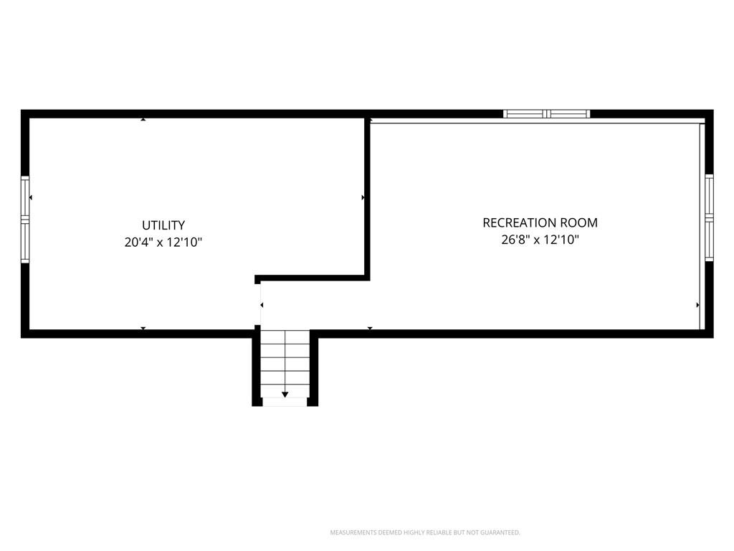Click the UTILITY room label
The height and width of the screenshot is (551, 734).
point(163,225)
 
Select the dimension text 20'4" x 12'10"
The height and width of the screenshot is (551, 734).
point(163,242)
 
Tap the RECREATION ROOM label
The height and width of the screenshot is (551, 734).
point(540,222)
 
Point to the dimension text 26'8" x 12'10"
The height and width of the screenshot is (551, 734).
point(540,240)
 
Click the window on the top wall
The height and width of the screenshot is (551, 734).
point(546,113)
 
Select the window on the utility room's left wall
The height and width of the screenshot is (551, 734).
point(25,220)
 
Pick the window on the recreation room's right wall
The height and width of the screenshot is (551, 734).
point(709,218)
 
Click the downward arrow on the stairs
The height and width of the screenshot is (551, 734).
point(285,395)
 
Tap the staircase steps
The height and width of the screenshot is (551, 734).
point(285,364)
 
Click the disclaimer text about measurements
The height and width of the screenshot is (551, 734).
point(425,532)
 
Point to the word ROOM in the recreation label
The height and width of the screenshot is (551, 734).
point(582,222)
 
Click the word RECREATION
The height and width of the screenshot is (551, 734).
point(523,222)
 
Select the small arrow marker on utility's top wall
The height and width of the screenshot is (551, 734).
point(143,120)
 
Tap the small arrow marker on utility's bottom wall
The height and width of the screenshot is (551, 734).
point(143,328)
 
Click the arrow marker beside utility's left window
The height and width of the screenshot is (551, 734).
point(30,198)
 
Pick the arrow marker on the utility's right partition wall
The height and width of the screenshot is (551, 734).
point(363,198)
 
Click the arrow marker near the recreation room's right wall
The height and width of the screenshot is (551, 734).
point(698,305)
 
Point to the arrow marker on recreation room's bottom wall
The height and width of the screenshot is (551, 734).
point(370,328)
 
